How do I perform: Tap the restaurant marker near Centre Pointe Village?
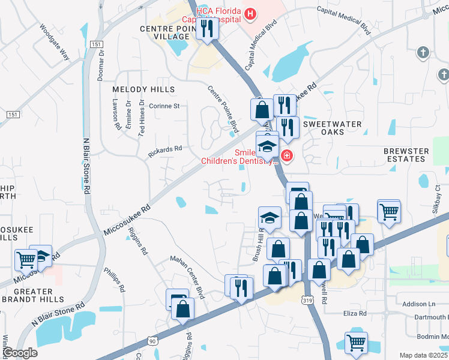coord(207,29)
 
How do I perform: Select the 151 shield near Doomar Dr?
coord(96,44)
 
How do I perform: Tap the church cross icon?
coord(423,53)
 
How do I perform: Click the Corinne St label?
coord(164,106)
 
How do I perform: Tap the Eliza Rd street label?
coord(354,314)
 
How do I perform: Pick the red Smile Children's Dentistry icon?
coord(287,157)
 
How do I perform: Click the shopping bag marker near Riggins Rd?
coord(183,308)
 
